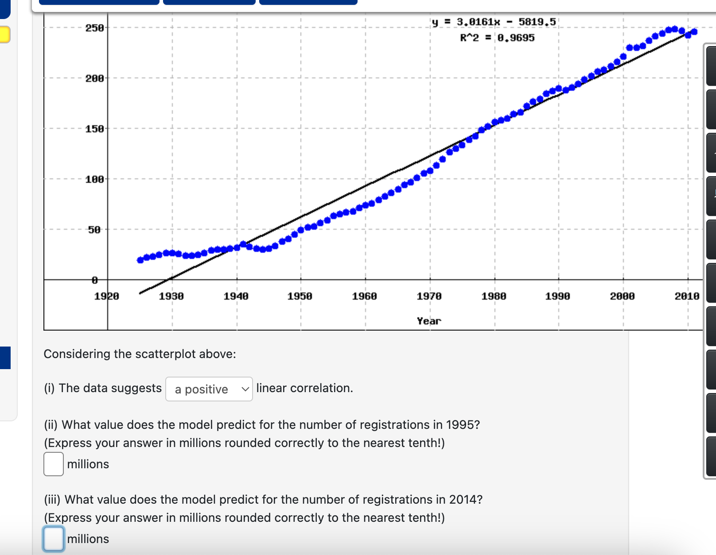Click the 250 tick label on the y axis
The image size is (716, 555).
[x=94, y=28]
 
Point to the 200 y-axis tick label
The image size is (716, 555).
[x=94, y=78]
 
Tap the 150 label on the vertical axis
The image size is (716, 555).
[x=94, y=129]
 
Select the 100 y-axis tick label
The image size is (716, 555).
[x=94, y=179]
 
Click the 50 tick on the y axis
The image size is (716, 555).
[x=94, y=230]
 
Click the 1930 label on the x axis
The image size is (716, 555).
[x=171, y=296]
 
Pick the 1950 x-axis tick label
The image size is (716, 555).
[x=300, y=296]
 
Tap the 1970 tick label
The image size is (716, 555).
[x=429, y=296]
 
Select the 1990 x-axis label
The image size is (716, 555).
[x=557, y=296]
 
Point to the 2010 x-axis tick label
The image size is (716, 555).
[x=687, y=296]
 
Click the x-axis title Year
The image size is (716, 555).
[x=429, y=321]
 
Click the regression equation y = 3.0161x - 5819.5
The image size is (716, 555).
[x=494, y=22]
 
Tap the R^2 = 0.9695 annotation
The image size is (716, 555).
[x=497, y=38]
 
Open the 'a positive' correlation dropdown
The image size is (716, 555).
[x=209, y=389]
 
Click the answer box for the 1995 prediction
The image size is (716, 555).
[x=54, y=464]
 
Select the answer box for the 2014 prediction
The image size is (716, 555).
[x=54, y=539]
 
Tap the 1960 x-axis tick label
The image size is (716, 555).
[x=364, y=296]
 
